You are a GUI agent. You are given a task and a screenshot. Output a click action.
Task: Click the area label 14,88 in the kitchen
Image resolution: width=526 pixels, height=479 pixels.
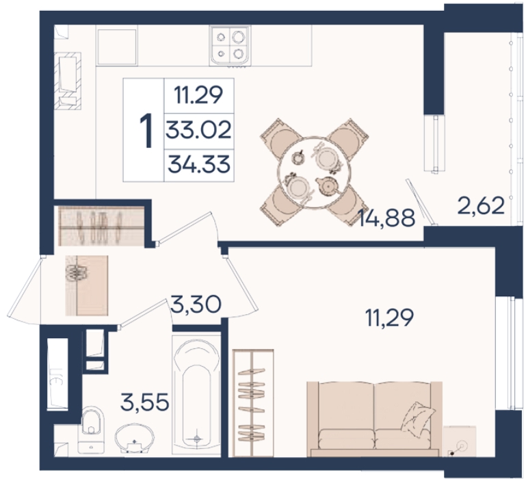pyautogui.click(x=386, y=217)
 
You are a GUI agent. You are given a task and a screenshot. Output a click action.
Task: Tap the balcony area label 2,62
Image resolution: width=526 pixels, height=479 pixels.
pyautogui.click(x=481, y=206)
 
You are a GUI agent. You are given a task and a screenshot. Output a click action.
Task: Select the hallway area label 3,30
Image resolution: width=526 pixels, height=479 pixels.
pyautogui.click(x=196, y=304)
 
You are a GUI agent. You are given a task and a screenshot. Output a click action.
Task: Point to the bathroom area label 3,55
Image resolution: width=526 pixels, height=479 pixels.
pyautogui.click(x=144, y=402)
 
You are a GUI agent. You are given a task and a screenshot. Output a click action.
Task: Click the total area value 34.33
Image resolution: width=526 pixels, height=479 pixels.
pyautogui.click(x=199, y=164)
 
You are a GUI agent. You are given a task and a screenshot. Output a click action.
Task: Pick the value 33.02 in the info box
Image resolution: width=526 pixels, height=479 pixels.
pyautogui.click(x=199, y=130)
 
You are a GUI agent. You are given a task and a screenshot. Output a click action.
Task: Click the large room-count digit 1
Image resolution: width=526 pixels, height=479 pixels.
pyautogui.click(x=145, y=130)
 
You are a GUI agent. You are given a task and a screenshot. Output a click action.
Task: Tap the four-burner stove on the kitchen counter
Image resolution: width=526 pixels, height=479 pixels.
pyautogui.click(x=230, y=46)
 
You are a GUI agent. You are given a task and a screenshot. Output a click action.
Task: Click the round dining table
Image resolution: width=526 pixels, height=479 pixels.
pyautogui.click(x=314, y=172)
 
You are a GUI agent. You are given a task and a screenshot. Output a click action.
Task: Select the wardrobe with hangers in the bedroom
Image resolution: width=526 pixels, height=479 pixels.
pyautogui.click(x=253, y=403)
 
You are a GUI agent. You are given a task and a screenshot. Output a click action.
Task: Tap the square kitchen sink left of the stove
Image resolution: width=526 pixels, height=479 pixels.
pyautogui.click(x=117, y=47)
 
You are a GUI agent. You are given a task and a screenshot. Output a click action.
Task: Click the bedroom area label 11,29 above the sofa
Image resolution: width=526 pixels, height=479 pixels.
pyautogui.click(x=389, y=318)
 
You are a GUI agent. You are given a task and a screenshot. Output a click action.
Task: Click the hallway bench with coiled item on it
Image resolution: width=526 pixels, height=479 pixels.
pyautogui.click(x=87, y=285)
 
